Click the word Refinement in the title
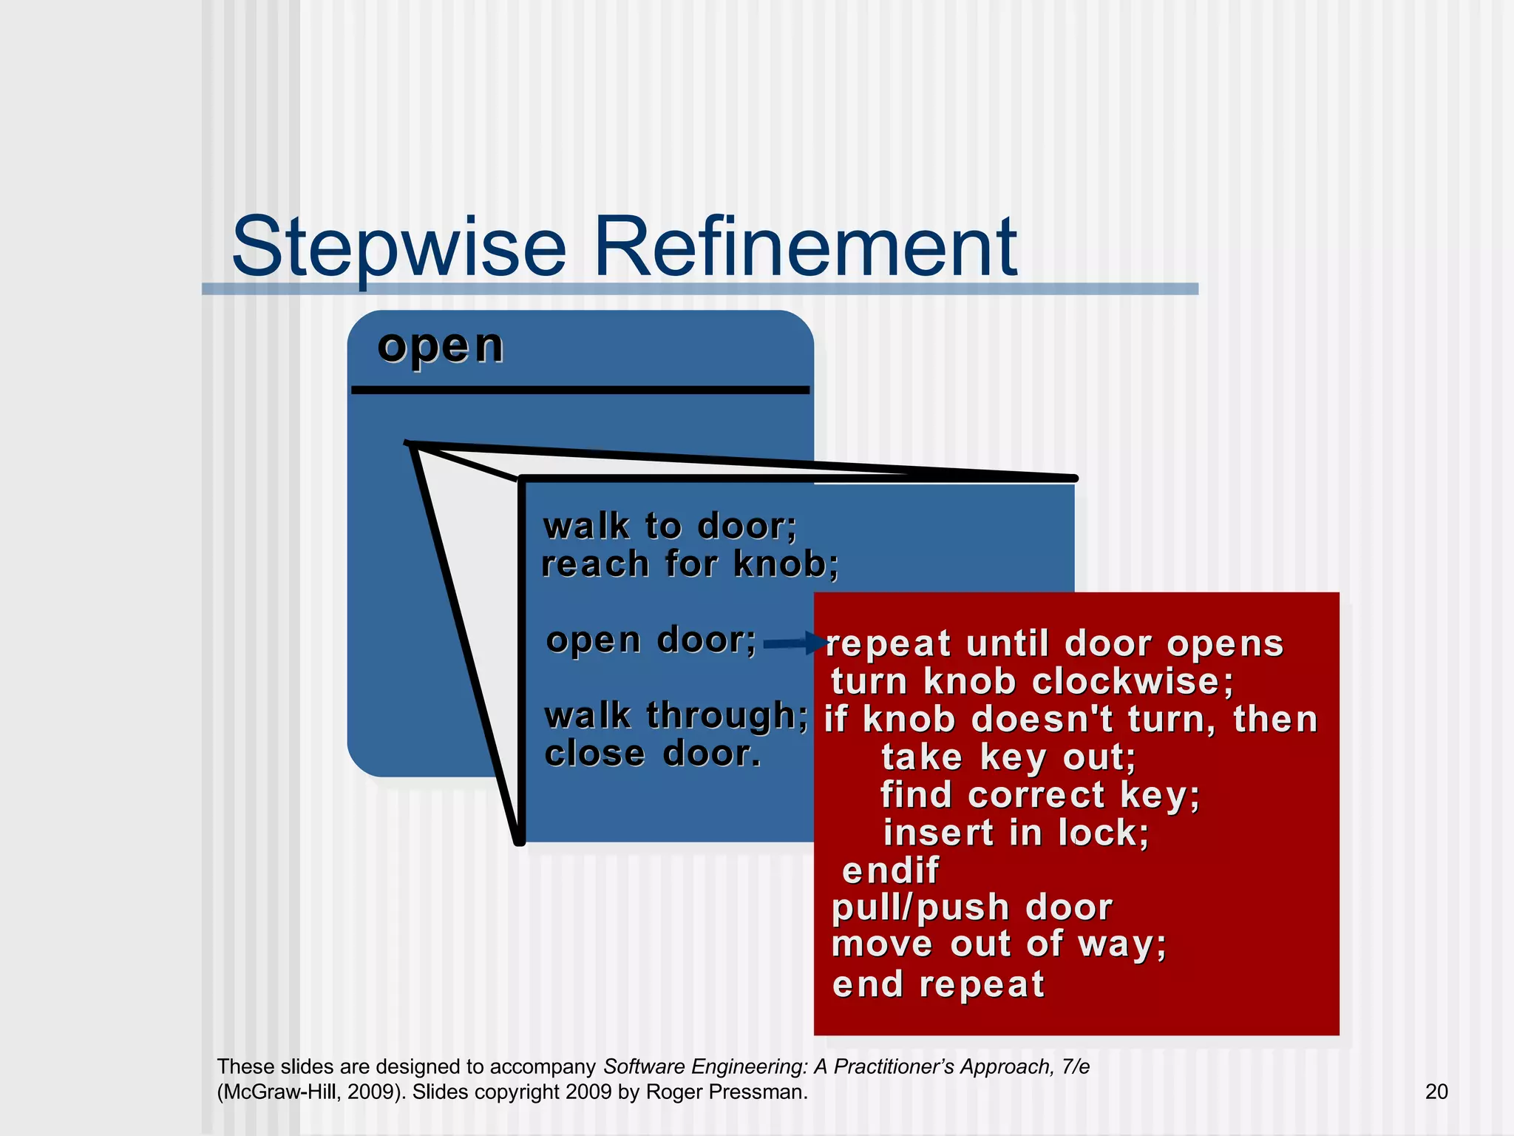point(805,246)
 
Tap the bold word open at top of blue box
point(441,346)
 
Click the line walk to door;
point(670,527)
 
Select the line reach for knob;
point(690,564)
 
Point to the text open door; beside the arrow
point(651,640)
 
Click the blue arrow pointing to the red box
point(795,643)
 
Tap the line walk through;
point(676,716)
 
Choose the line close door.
point(653,754)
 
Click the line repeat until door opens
point(1054,643)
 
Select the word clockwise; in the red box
point(1133,681)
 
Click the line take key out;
point(1008,757)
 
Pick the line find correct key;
point(1039,795)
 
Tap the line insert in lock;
point(1016,833)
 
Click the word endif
point(890,870)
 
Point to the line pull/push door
point(971,907)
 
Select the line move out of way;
point(998,944)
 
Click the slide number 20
point(1436,1092)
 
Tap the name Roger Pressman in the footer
point(726,1092)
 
